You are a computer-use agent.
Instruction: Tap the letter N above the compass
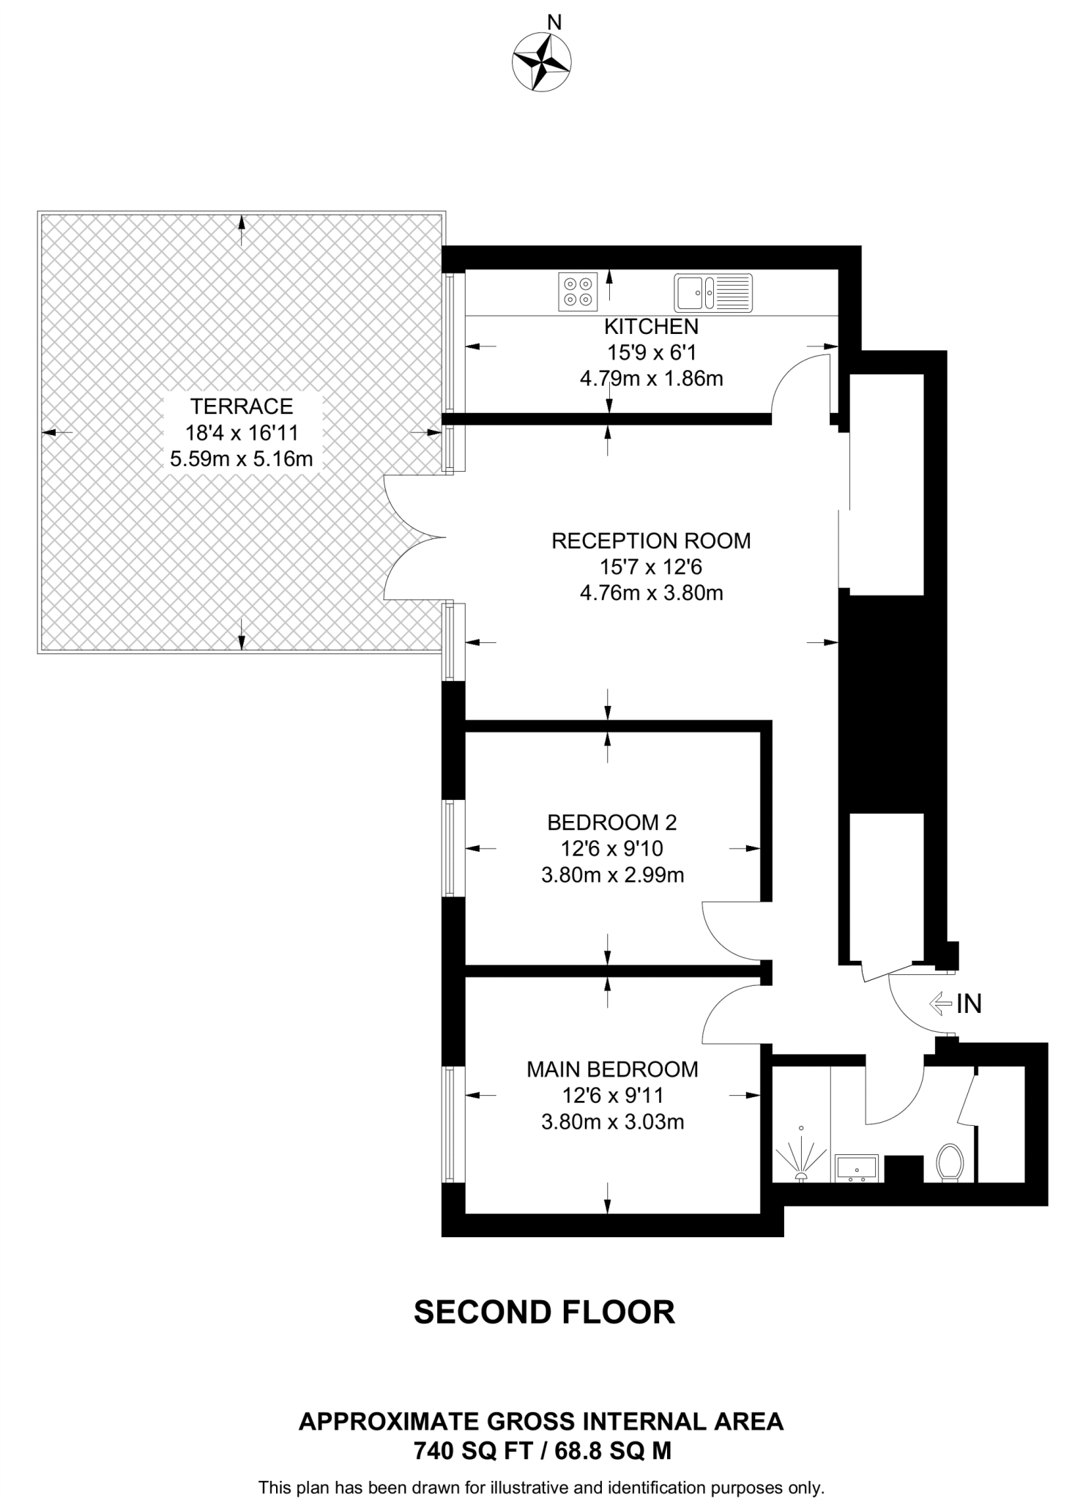coord(554,23)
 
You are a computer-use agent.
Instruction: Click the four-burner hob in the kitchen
coord(577,290)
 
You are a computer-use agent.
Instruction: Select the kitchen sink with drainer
coord(712,292)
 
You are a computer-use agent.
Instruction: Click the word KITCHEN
coord(650,327)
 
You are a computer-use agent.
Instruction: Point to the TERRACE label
coord(242,406)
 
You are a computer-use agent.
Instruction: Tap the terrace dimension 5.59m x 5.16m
coord(242,459)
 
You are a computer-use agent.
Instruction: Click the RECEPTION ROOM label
coord(650,541)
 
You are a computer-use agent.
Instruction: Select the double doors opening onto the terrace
coord(414,538)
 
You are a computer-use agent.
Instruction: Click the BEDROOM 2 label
coord(612,823)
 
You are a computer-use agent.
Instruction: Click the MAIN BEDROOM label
coord(612,1069)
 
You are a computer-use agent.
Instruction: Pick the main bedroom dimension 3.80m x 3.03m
coord(612,1121)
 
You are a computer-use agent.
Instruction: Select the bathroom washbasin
coord(856,1167)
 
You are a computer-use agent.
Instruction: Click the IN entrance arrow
coord(940,1003)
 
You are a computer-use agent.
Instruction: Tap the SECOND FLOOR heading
coord(544,1312)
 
